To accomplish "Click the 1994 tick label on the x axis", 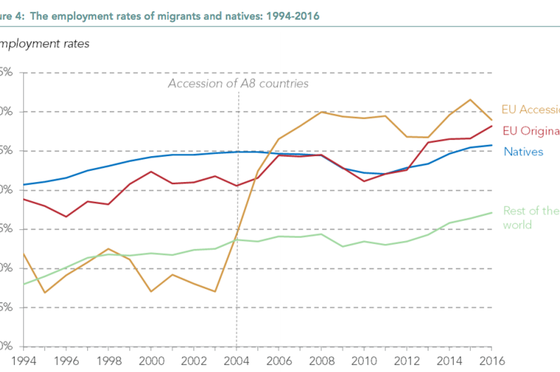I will (x=24, y=361).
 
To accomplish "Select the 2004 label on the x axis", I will (x=236, y=361).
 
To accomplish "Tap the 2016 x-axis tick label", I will (x=491, y=361).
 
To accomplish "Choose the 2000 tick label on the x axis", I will (x=151, y=361).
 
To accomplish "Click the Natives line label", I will (x=523, y=151).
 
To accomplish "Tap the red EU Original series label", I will (x=531, y=131).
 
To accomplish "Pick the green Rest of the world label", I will (x=531, y=217).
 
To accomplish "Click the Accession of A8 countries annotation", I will (x=238, y=83).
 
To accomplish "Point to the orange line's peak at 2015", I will (x=470, y=99).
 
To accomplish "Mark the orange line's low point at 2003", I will (x=215, y=292).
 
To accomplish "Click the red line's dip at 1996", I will (x=66, y=217).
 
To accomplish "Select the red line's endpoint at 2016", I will (x=491, y=126).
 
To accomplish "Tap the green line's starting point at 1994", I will (x=24, y=284).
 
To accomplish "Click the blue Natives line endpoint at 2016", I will (x=491, y=145).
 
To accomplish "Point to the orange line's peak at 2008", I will (x=321, y=112).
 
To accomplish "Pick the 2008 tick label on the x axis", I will (x=321, y=361).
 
